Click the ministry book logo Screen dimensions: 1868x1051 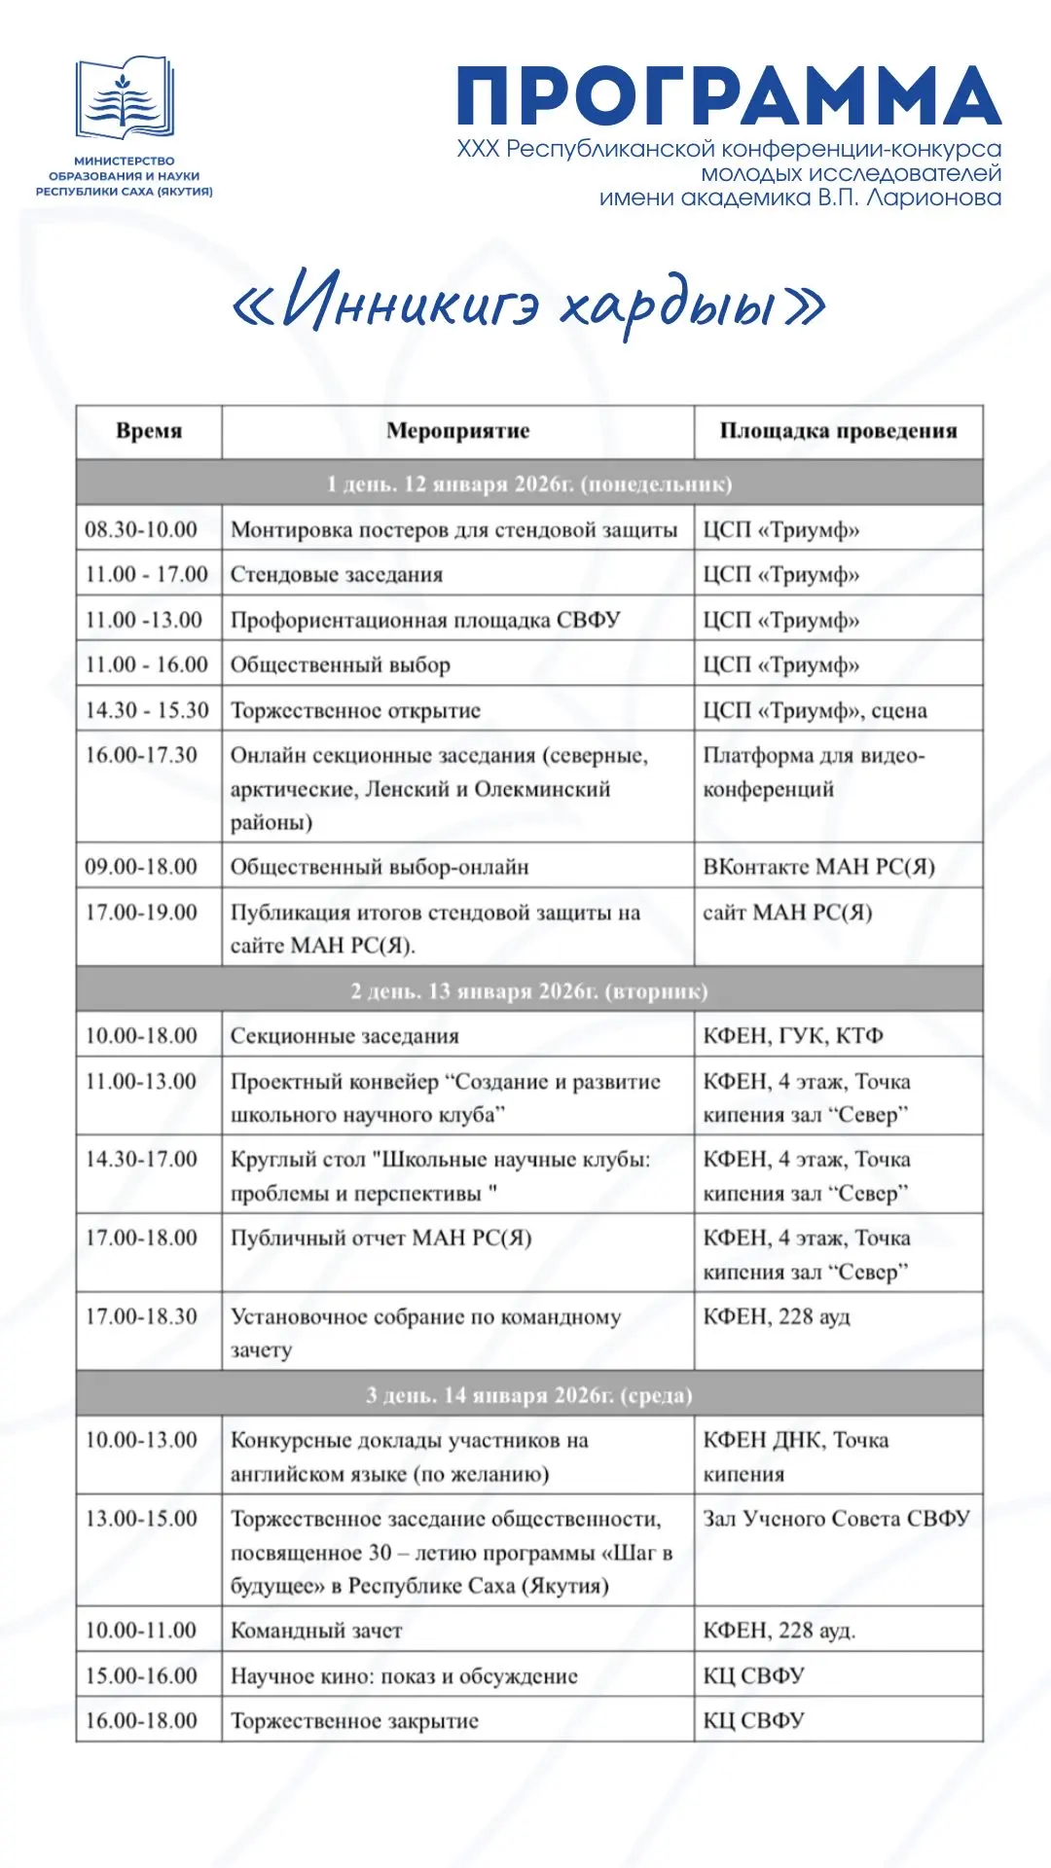(x=125, y=98)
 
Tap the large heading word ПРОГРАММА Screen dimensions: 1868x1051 (x=729, y=96)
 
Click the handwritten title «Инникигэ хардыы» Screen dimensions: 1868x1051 (x=528, y=303)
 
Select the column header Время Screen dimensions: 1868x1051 (x=149, y=431)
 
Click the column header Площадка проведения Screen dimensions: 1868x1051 (x=838, y=431)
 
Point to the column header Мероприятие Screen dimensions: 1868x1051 (x=457, y=431)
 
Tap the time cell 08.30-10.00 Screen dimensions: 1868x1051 (x=141, y=530)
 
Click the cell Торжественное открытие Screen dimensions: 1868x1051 (x=355, y=710)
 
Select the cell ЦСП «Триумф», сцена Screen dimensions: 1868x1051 (x=815, y=710)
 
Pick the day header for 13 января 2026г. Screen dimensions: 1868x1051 (x=529, y=990)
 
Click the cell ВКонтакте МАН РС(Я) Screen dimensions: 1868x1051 (x=818, y=867)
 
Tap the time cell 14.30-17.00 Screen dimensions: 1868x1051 (x=141, y=1160)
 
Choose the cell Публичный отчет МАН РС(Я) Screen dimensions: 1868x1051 (x=381, y=1239)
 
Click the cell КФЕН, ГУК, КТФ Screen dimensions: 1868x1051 (x=793, y=1036)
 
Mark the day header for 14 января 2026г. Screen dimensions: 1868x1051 (x=529, y=1395)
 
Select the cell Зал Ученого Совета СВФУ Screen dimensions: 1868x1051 (x=836, y=1519)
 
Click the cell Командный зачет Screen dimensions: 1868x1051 (x=316, y=1631)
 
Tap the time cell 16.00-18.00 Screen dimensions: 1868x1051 (x=141, y=1721)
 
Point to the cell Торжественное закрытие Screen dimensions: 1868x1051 (x=354, y=1721)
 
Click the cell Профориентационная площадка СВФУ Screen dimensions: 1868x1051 (x=424, y=621)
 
